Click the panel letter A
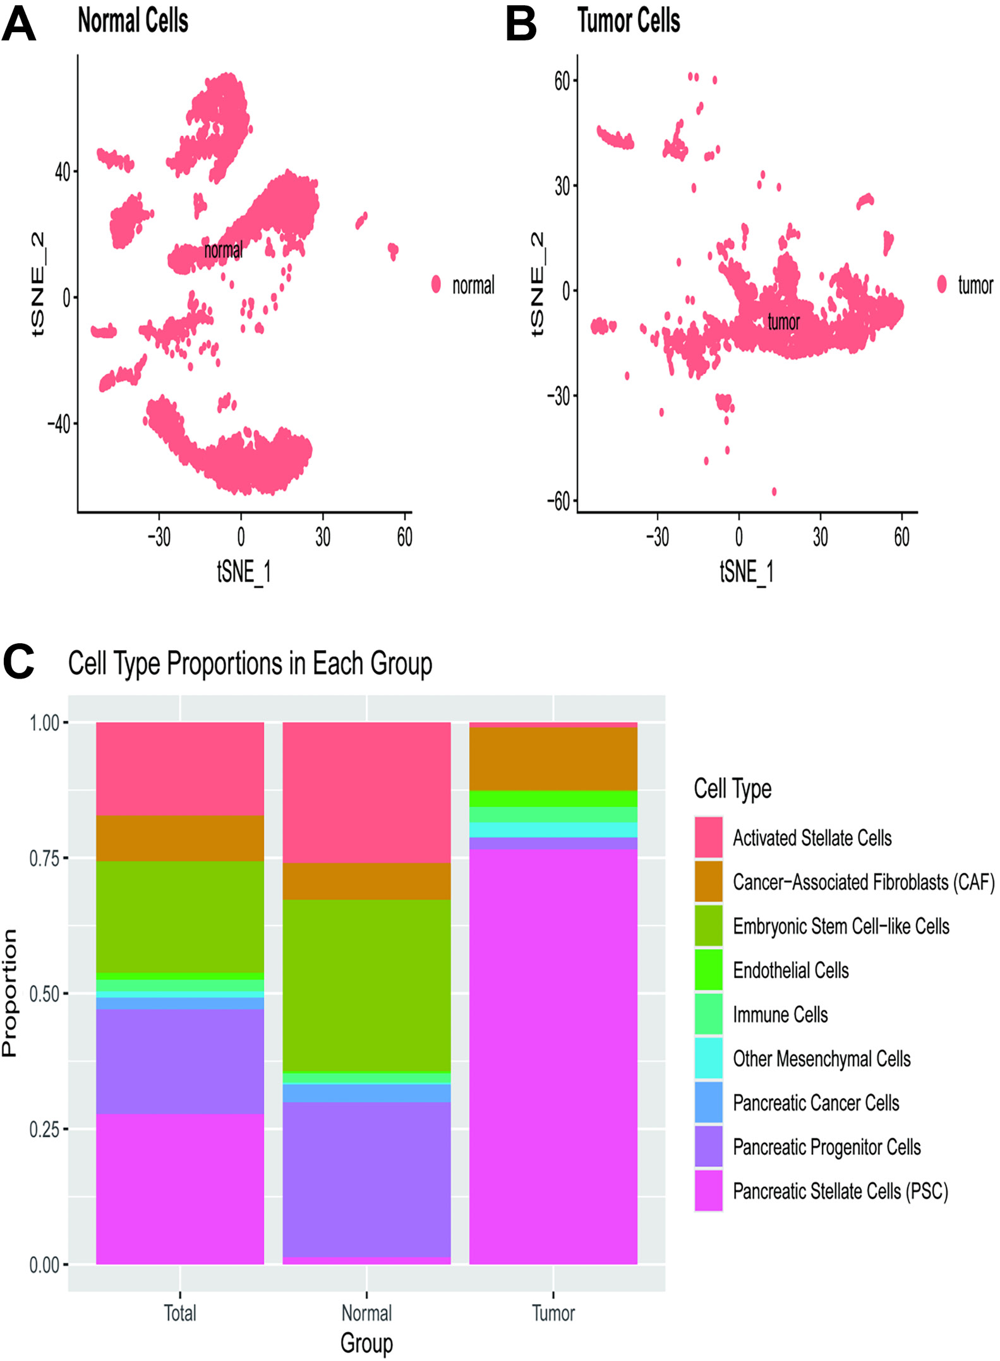[x=19, y=25]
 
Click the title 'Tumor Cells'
[x=628, y=21]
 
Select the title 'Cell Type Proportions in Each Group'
[x=250, y=663]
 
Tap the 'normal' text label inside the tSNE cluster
[x=223, y=250]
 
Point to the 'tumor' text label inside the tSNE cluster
[x=783, y=322]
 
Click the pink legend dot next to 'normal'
[x=436, y=284]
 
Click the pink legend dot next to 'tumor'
[x=942, y=284]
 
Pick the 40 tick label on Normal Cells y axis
[x=63, y=171]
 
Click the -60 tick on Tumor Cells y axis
[x=558, y=502]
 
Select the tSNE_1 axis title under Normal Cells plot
[x=244, y=572]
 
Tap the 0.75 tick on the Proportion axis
[x=44, y=858]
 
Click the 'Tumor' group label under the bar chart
[x=553, y=1313]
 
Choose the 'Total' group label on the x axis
[x=180, y=1313]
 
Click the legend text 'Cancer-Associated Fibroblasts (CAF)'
[x=863, y=882]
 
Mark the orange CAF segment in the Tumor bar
[x=553, y=759]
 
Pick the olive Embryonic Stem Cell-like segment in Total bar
[x=180, y=917]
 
